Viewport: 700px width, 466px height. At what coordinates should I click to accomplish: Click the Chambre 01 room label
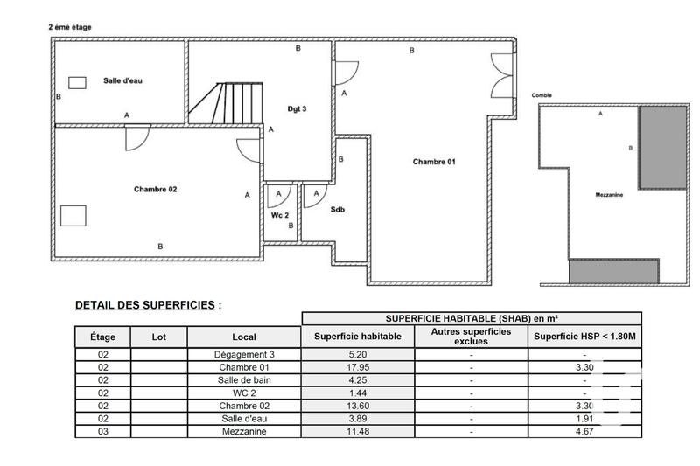click(434, 161)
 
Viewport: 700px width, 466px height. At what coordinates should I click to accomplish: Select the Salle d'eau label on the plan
click(122, 80)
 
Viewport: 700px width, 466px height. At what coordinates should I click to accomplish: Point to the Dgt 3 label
click(297, 108)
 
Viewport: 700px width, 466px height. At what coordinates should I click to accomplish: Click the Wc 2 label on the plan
click(280, 214)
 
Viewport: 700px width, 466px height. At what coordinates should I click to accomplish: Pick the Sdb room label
click(337, 210)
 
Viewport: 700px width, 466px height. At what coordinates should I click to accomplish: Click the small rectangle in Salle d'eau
click(78, 82)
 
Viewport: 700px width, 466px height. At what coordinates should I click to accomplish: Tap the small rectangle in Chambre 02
click(73, 215)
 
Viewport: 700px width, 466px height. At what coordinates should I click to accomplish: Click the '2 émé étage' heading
click(70, 27)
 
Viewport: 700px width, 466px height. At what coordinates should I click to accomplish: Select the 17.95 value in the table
click(357, 368)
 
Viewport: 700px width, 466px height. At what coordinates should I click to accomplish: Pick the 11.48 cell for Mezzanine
click(357, 431)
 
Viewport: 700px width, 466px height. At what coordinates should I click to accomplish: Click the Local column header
click(244, 337)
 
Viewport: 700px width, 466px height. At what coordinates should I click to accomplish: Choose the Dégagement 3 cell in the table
click(244, 355)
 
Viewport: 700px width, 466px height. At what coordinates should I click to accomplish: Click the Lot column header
click(158, 337)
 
